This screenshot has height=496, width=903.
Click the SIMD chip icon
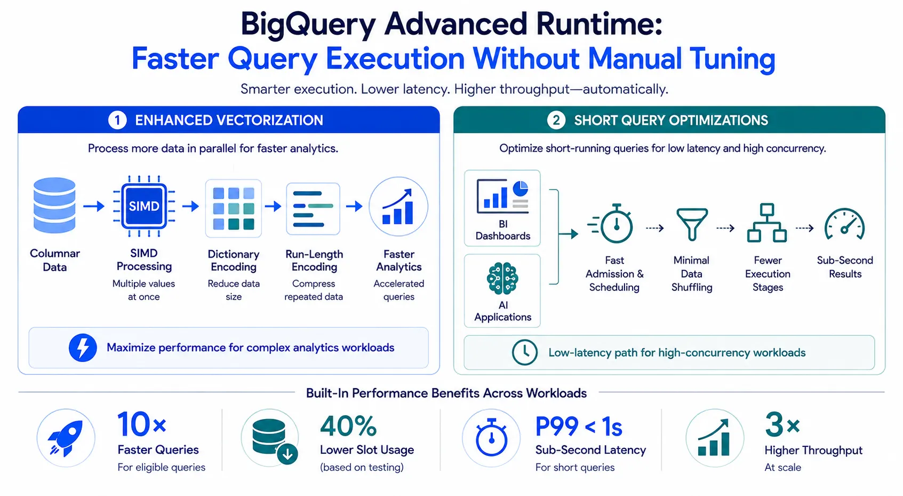click(144, 206)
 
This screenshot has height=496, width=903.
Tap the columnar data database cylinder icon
click(54, 206)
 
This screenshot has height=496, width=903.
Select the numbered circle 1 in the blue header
click(117, 120)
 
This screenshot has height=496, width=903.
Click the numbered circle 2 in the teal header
click(556, 120)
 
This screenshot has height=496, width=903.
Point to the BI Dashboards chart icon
click(502, 196)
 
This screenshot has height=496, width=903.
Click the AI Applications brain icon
click(502, 278)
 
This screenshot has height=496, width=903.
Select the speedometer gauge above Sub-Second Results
click(844, 225)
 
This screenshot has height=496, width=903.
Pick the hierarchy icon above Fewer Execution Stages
click(767, 223)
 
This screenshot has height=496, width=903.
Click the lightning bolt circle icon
click(83, 348)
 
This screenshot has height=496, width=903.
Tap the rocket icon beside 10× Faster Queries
click(66, 438)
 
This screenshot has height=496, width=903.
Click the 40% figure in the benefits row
click(348, 426)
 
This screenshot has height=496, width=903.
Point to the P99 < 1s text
click(579, 427)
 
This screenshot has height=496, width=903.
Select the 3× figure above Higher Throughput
click(782, 425)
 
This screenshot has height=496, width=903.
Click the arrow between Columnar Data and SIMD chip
click(94, 206)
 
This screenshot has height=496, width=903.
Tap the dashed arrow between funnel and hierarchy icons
click(725, 229)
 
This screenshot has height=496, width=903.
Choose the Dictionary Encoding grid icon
click(234, 208)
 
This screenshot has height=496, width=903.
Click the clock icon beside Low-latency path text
click(524, 352)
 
